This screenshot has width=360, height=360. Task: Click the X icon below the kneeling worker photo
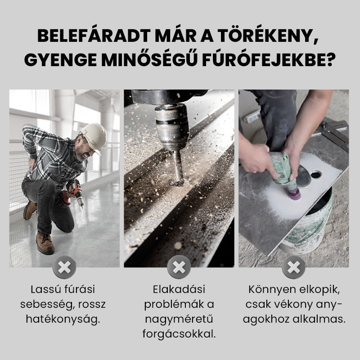click(64, 267)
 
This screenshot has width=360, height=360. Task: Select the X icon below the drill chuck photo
click(179, 267)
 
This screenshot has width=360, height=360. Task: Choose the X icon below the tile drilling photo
click(294, 267)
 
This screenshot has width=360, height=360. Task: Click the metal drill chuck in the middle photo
click(172, 127)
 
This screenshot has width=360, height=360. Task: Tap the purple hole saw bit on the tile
click(295, 193)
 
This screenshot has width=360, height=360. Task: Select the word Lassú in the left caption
click(44, 289)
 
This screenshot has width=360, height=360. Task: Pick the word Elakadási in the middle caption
click(179, 289)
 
